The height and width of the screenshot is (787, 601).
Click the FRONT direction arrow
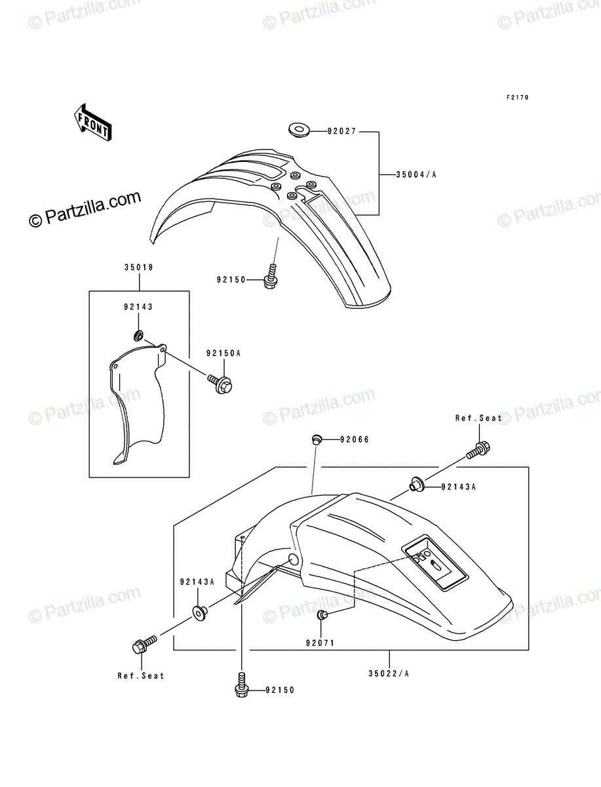point(92,122)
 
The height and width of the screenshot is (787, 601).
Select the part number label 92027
point(342,132)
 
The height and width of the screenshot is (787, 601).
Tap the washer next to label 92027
point(299,129)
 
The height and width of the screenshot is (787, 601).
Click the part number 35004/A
point(416,175)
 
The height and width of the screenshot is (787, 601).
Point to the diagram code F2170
point(517,98)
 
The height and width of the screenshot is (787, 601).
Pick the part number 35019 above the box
point(139,268)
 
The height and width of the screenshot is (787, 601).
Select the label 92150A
point(223,353)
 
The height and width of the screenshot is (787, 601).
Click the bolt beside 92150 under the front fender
point(271,277)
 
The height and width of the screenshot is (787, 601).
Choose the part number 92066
point(354,439)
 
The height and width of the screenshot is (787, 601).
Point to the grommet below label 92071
point(322,615)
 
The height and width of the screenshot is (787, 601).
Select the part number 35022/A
point(389,674)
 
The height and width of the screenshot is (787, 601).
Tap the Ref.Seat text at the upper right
point(478,418)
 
